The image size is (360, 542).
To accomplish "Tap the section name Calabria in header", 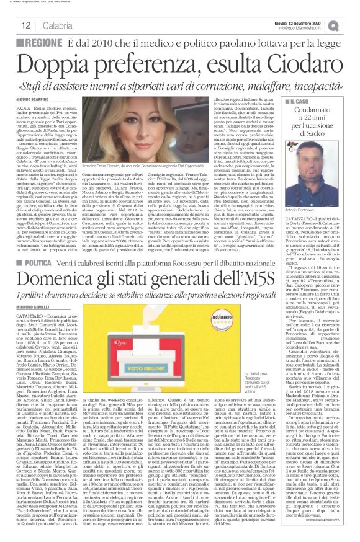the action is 57,25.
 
